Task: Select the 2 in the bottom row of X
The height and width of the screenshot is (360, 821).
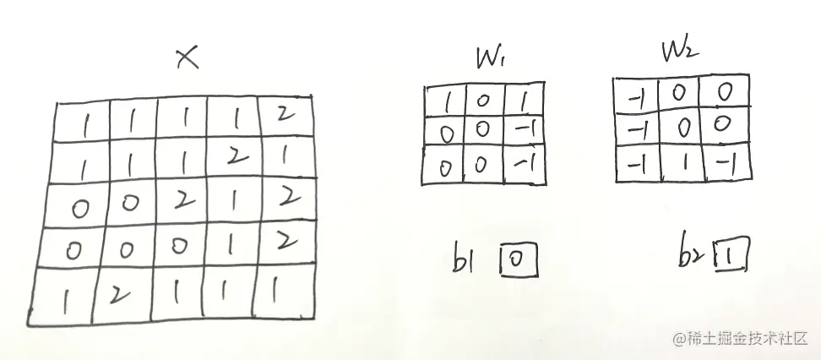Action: pyautogui.click(x=120, y=295)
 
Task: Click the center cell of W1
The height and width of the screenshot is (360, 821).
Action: pyautogui.click(x=481, y=130)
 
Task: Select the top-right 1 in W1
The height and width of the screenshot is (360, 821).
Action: pyautogui.click(x=522, y=101)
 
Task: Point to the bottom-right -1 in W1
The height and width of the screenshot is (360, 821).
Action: pyautogui.click(x=524, y=163)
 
